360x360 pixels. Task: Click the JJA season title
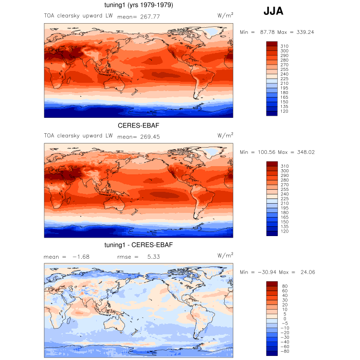point(273,11)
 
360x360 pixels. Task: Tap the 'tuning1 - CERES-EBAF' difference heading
point(138,245)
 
